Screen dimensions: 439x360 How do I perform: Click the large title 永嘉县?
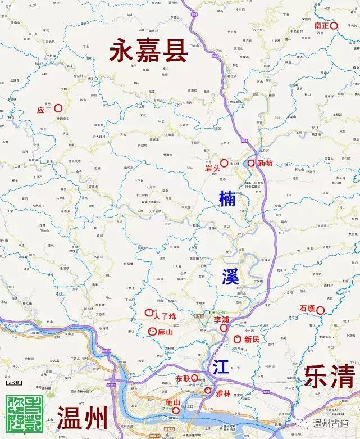pyautogui.click(x=149, y=51)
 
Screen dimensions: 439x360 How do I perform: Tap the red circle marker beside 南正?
pyautogui.click(x=333, y=25)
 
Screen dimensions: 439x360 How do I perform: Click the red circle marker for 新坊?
pyautogui.click(x=251, y=163)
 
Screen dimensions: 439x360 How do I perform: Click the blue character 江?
pyautogui.click(x=220, y=366)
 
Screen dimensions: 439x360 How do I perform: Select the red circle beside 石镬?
pyautogui.click(x=321, y=309)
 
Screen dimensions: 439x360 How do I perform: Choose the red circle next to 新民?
pyautogui.click(x=236, y=339)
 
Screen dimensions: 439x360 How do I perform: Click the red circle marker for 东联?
pyautogui.click(x=194, y=378)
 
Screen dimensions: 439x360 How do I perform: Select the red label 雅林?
pyautogui.click(x=224, y=394)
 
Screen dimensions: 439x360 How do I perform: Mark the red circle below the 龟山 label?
pyautogui.click(x=176, y=410)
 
